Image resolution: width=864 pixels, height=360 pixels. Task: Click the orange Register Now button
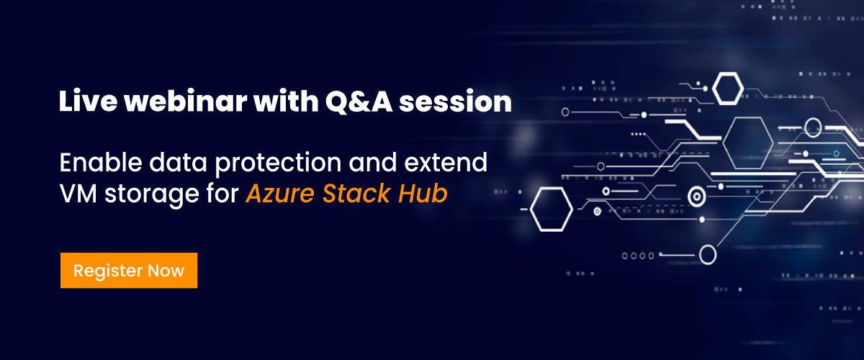coord(129,271)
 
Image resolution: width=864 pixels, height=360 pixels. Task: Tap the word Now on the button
coord(166,271)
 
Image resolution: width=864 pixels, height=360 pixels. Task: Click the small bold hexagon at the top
coord(729,88)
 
